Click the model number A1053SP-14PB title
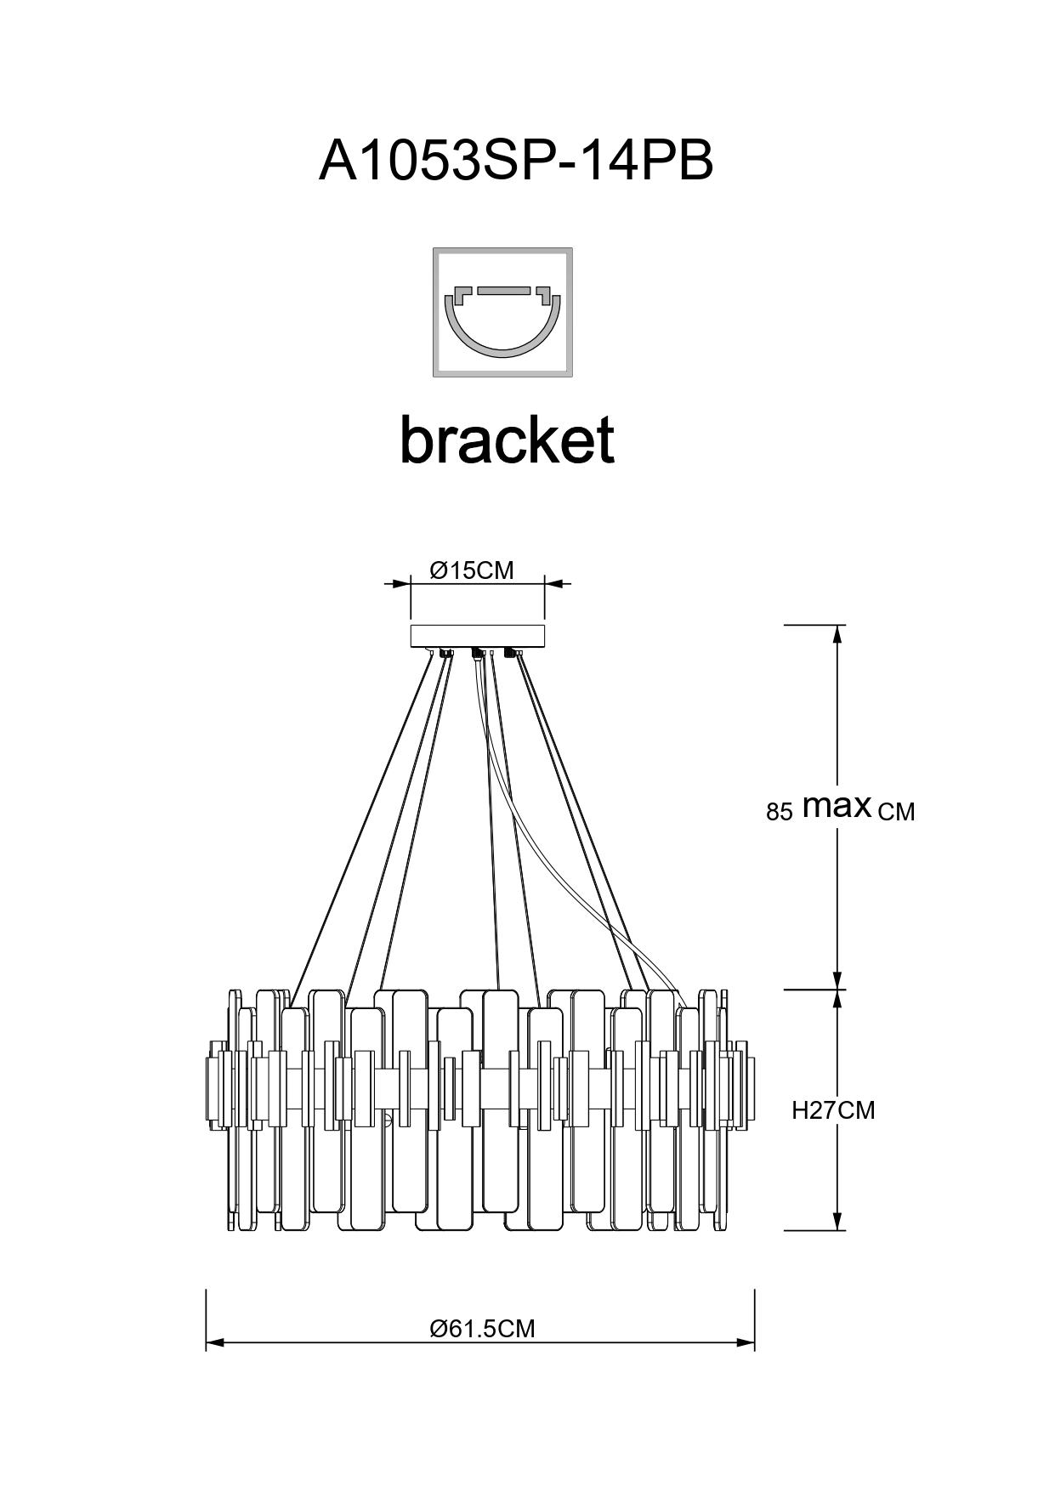tap(515, 160)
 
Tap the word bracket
tap(507, 440)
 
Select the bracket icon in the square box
tap(502, 312)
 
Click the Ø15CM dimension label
tap(472, 570)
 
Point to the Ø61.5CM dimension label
tap(482, 1328)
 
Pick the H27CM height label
tap(832, 1110)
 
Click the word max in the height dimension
tap(837, 806)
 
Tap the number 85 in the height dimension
tap(779, 812)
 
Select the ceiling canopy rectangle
tap(477, 636)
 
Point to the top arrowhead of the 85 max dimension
tap(838, 634)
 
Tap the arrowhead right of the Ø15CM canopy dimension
tap(553, 584)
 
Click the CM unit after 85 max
tap(896, 813)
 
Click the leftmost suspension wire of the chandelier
tap(361, 825)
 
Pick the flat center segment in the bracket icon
tap(503, 291)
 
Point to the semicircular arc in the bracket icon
tap(502, 344)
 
